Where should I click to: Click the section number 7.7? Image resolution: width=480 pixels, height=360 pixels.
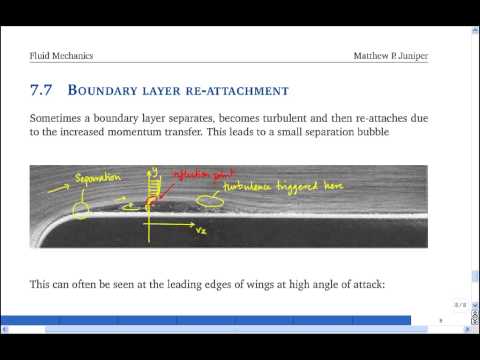(43, 91)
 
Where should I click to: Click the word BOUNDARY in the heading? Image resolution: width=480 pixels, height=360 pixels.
(114, 91)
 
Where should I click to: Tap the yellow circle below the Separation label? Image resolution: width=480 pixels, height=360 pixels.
(79, 210)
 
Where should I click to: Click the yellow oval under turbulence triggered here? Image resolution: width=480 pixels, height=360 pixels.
(211, 203)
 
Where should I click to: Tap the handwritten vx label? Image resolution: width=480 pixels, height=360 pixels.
(200, 232)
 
